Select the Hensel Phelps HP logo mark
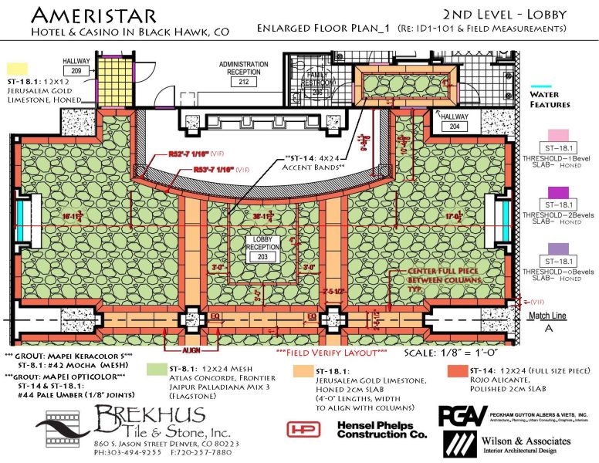303,429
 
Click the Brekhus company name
143,421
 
